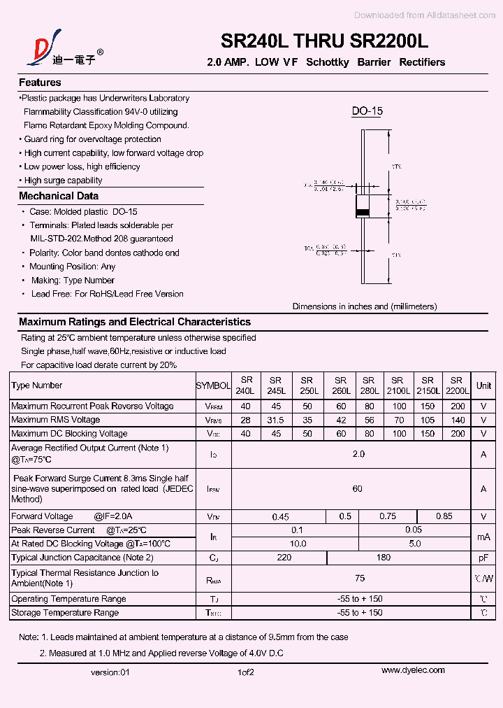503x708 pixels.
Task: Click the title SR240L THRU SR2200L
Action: [x=324, y=41]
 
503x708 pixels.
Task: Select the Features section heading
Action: [x=40, y=83]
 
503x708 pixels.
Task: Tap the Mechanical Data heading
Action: [x=59, y=197]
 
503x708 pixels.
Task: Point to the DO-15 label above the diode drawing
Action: [x=367, y=111]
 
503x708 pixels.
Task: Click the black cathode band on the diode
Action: [x=363, y=212]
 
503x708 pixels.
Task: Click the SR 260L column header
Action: [x=340, y=385]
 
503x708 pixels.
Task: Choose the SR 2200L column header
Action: [x=456, y=385]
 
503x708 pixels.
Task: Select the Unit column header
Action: [x=483, y=385]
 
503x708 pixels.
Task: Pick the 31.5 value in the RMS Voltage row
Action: [x=276, y=420]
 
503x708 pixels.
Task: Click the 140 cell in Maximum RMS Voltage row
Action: [x=458, y=420]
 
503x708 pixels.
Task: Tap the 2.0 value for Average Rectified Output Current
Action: [x=358, y=454]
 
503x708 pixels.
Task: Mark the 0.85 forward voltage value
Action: [x=444, y=516]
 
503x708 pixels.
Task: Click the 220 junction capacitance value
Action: [x=284, y=558]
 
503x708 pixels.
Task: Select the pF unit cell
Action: [x=483, y=558]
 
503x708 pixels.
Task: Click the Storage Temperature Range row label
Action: [x=65, y=613]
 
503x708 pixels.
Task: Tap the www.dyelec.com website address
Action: [x=413, y=670]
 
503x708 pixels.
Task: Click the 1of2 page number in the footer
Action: [x=245, y=672]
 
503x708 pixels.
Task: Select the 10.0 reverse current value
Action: [x=298, y=544]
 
